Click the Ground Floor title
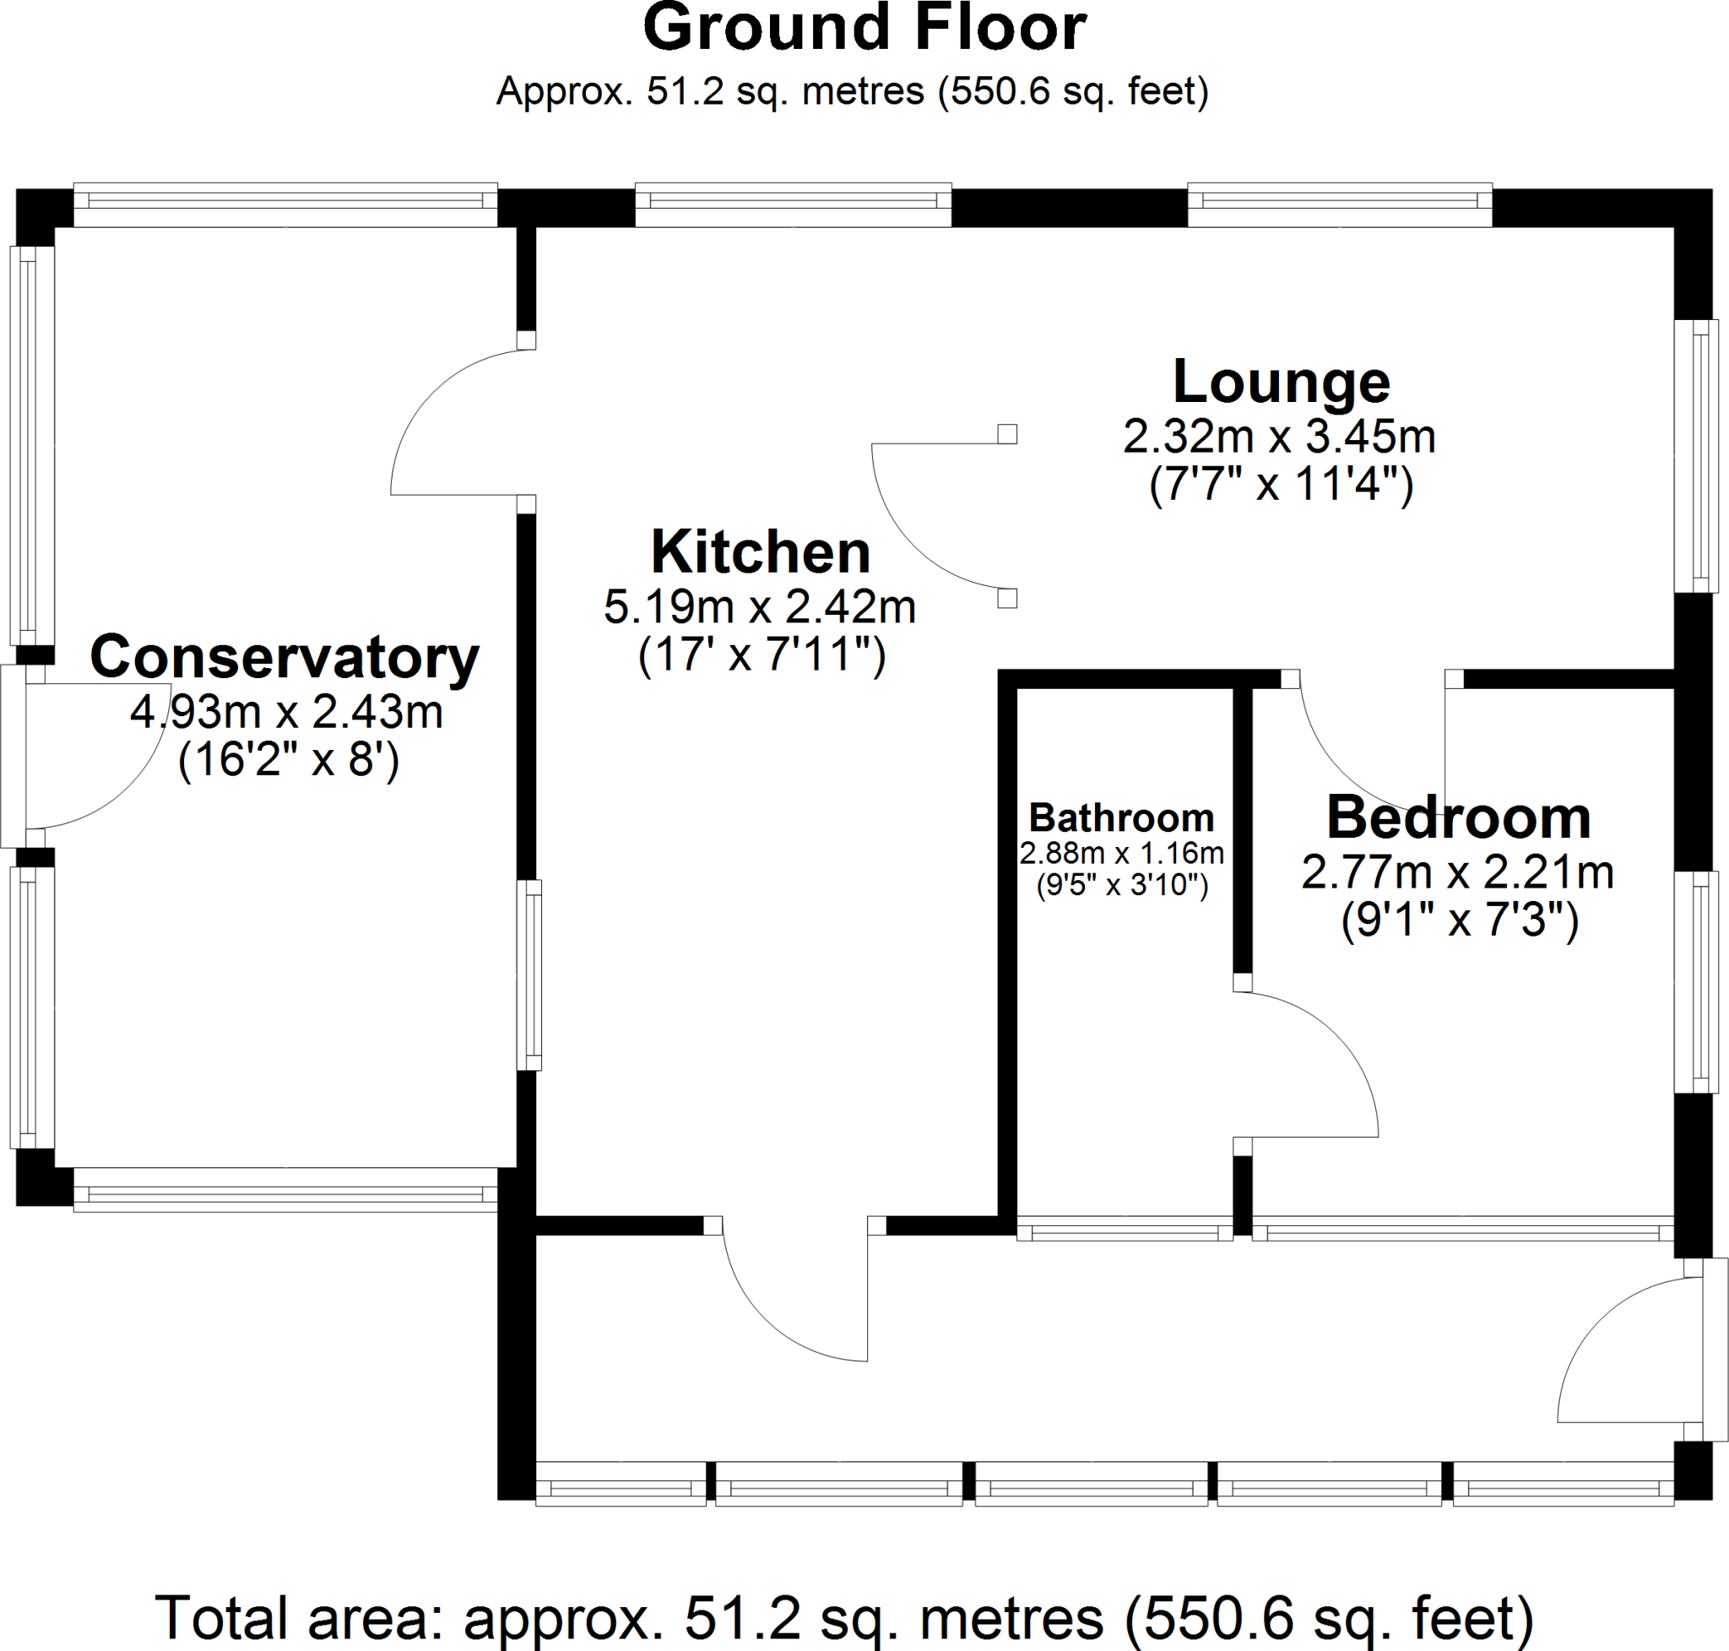(x=865, y=28)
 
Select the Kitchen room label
(x=760, y=552)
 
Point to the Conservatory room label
(x=285, y=657)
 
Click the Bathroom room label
(x=1121, y=818)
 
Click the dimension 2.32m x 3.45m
(x=1278, y=437)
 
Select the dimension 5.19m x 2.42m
(x=759, y=607)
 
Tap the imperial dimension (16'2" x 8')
(x=288, y=759)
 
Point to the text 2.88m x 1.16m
(x=1121, y=853)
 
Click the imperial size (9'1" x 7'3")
(x=1459, y=921)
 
